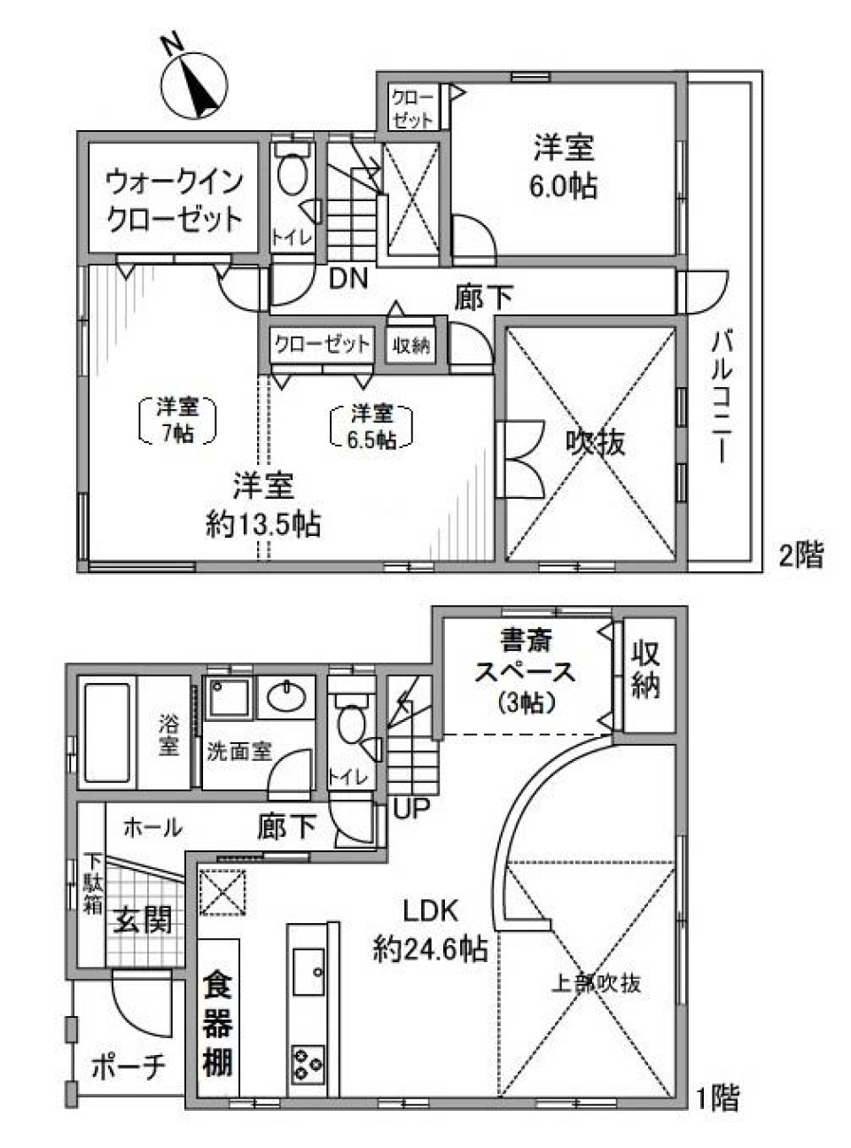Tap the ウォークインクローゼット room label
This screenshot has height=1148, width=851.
point(174,200)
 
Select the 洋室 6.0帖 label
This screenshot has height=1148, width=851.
point(564,166)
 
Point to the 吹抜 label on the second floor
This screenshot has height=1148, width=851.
point(596,440)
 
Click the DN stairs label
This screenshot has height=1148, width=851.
point(348,279)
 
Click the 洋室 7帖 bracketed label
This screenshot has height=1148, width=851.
point(178,420)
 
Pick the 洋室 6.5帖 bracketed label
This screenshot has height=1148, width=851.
point(371,425)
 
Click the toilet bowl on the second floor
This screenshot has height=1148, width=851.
point(291,172)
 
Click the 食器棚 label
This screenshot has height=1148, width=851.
point(217,1024)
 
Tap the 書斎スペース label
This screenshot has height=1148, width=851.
point(524,669)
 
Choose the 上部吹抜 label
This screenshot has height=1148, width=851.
point(597,982)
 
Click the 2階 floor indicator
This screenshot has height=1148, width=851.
point(801,555)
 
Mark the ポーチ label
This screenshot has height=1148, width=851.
point(129,1067)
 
